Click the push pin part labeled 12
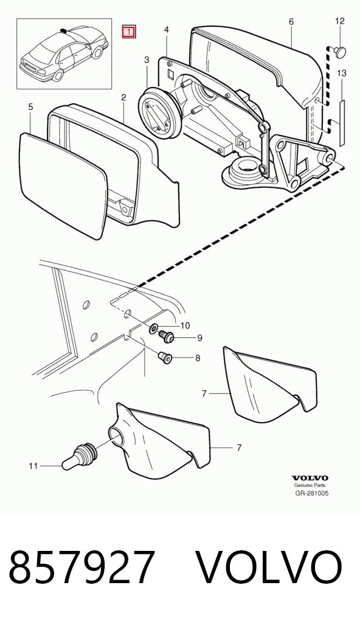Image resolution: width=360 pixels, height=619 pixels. (x=339, y=50)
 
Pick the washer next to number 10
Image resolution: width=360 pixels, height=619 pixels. (x=154, y=328)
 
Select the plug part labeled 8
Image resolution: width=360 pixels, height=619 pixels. (x=165, y=359)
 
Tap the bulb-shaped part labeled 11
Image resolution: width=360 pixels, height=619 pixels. (x=78, y=457)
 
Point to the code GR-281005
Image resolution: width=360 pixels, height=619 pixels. (x=311, y=493)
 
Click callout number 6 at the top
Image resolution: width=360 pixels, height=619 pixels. (x=291, y=22)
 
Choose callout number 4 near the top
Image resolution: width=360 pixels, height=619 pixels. (x=167, y=30)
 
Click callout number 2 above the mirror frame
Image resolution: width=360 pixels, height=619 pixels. (x=123, y=97)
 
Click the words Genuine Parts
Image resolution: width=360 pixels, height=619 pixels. (x=310, y=486)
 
